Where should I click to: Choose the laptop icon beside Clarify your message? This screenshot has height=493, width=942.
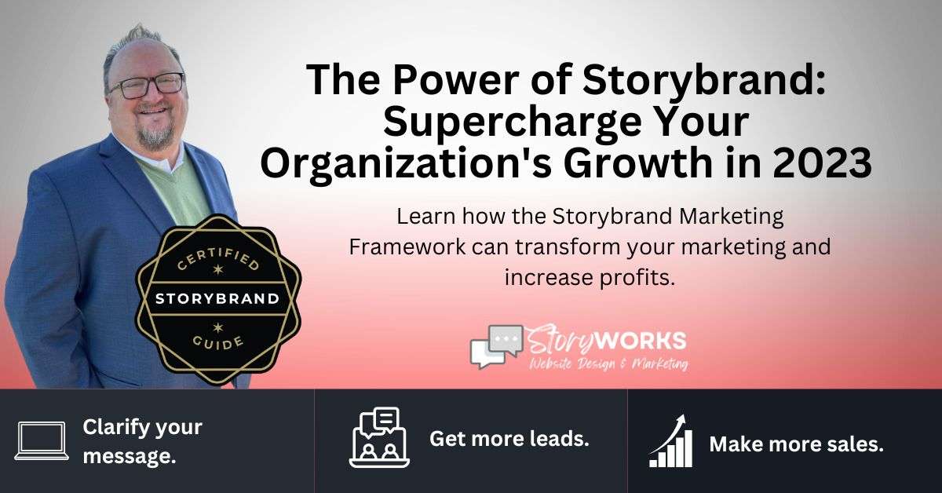(x=42, y=440)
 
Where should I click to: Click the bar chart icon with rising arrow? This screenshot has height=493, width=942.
(x=670, y=441)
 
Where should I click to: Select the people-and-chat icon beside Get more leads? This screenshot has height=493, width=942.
(x=379, y=437)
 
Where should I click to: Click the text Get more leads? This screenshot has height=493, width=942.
(x=509, y=439)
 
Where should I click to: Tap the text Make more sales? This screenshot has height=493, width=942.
(x=797, y=444)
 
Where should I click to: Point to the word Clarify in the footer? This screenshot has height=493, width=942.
(x=115, y=428)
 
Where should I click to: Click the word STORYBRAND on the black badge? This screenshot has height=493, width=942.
(x=217, y=298)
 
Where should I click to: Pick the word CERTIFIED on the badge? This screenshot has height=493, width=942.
(x=218, y=258)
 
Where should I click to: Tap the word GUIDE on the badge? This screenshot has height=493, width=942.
(x=218, y=342)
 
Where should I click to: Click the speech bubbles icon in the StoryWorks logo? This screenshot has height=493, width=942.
(x=497, y=345)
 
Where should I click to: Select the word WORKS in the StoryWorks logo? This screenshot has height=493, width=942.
(x=638, y=340)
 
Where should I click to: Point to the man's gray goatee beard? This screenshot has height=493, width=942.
(x=156, y=133)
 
